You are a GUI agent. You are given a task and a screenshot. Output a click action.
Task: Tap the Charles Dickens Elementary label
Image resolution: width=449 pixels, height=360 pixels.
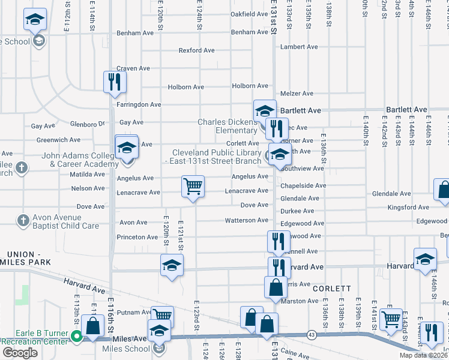(x=228, y=126)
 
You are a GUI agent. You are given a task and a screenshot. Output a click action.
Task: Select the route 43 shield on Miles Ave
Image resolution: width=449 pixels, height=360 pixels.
(x=311, y=334)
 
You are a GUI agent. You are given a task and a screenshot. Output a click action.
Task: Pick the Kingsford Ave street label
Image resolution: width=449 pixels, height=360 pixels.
(x=408, y=208)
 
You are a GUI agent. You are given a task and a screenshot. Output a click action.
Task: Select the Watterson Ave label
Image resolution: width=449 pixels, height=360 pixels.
(x=246, y=221)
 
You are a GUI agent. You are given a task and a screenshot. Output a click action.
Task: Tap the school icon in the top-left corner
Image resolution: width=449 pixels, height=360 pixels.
(x=35, y=21)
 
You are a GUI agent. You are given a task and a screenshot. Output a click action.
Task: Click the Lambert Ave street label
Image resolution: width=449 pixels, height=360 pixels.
(x=298, y=47)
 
